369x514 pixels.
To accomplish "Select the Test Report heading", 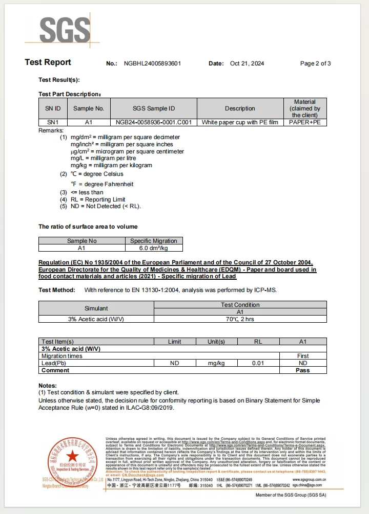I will (48, 62).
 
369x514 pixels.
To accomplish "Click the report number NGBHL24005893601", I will (152, 63).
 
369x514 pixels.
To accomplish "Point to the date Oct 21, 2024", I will (247, 63).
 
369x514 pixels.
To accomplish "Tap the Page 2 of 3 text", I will (315, 63).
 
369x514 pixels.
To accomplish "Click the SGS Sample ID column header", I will (153, 108).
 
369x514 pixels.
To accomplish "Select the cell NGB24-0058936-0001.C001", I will (153, 123).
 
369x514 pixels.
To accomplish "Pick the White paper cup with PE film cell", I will (239, 123).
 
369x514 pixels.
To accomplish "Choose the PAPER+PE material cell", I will (304, 123).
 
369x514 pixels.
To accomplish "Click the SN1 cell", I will (53, 123).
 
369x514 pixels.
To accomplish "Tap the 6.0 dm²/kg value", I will (154, 248).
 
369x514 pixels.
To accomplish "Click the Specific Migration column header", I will (154, 241).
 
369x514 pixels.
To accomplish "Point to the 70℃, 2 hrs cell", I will (240, 319).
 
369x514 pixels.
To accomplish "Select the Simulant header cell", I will (96, 308).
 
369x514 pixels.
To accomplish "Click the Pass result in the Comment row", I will (302, 370).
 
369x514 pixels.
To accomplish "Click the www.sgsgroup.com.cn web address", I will (309, 479).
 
